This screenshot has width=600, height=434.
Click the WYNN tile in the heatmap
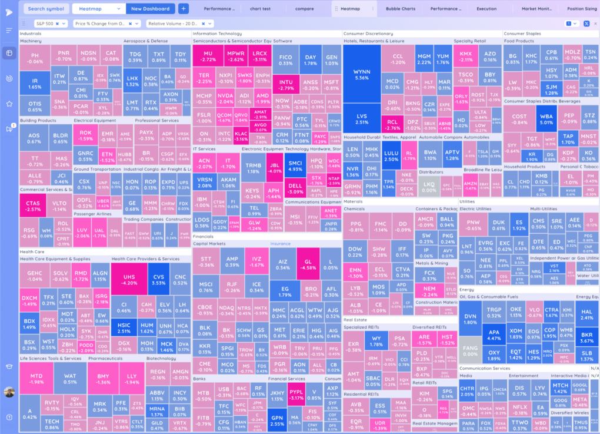point(362,74)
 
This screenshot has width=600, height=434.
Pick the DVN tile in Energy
point(471,319)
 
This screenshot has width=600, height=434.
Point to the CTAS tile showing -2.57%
point(34,206)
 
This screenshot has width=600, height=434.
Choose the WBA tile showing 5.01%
point(547,120)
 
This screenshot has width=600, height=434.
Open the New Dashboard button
point(150,9)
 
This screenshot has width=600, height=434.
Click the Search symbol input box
point(46,9)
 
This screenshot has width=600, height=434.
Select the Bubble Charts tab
point(401,9)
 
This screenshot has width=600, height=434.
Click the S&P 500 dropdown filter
point(51,24)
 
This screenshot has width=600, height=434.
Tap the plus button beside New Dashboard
point(183,9)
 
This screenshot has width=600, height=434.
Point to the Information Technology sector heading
point(217,34)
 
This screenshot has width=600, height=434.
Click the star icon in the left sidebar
point(9,104)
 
